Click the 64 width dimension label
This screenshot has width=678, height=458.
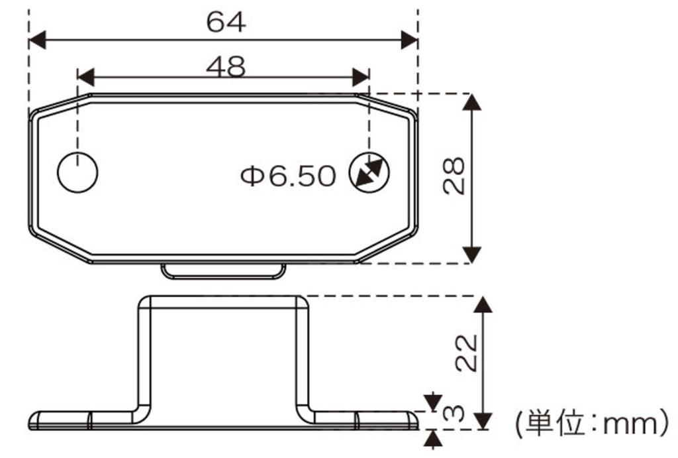tap(226, 22)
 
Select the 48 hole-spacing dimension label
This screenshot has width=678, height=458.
tap(226, 66)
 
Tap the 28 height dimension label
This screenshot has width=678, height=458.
tap(455, 176)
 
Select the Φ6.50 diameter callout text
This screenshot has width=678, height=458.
tap(288, 176)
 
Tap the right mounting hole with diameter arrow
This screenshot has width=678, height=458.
tap(369, 173)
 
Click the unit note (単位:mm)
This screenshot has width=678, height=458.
tap(591, 421)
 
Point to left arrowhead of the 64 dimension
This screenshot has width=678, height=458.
tap(37, 40)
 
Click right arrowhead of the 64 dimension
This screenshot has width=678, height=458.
tap(409, 40)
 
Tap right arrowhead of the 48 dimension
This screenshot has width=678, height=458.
tap(361, 77)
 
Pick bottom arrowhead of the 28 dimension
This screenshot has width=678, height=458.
tap(471, 255)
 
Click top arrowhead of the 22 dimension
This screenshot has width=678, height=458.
tap(484, 304)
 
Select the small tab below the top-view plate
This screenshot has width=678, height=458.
tap(224, 271)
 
